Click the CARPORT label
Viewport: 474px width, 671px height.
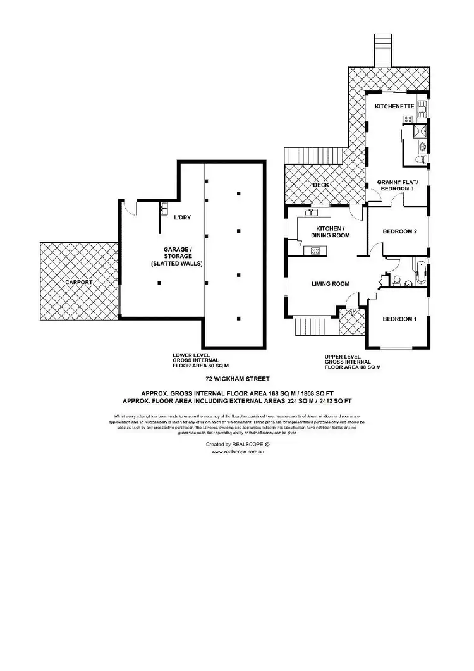point(78,282)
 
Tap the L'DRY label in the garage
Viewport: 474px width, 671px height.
point(183,218)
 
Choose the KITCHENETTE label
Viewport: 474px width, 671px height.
point(394,107)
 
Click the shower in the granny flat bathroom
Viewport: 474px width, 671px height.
point(418,131)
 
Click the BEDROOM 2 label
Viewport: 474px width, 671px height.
point(399,231)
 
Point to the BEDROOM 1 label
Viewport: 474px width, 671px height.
point(399,319)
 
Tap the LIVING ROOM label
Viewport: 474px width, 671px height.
point(330,284)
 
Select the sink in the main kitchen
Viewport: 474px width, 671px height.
point(310,212)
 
